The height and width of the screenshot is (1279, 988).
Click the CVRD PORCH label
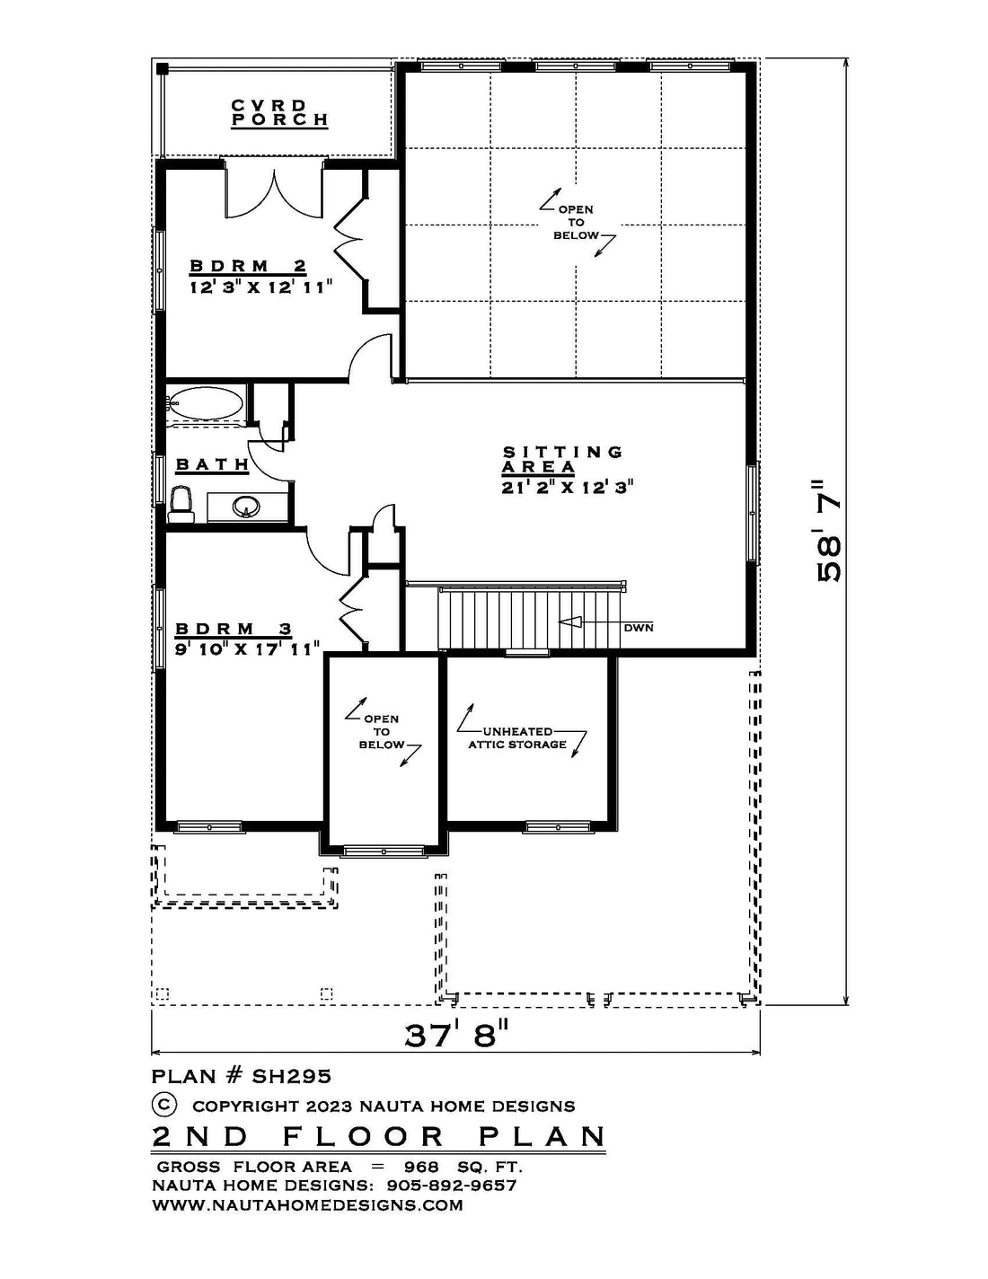(x=279, y=113)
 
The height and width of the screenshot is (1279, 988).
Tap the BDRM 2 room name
(x=248, y=266)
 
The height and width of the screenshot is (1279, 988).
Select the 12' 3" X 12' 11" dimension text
(x=261, y=287)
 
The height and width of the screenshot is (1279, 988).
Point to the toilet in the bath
(x=181, y=504)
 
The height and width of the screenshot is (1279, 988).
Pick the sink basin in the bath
(x=246, y=507)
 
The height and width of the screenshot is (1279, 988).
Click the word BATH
(x=213, y=465)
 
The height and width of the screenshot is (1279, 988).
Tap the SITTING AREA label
(x=562, y=460)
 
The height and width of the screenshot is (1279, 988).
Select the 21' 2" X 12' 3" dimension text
(x=568, y=488)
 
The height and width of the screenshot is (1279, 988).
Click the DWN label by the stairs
(x=639, y=628)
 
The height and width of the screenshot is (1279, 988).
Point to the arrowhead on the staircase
(x=569, y=622)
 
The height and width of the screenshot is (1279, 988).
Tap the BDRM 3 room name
(x=234, y=630)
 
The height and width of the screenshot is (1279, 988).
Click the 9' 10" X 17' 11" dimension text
(x=247, y=649)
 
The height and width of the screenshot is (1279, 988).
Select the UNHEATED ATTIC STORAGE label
(x=517, y=738)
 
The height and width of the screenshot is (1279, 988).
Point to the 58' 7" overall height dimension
(x=828, y=532)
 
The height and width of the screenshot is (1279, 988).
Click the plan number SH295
(x=292, y=1076)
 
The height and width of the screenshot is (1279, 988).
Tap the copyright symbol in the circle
(x=164, y=1104)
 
